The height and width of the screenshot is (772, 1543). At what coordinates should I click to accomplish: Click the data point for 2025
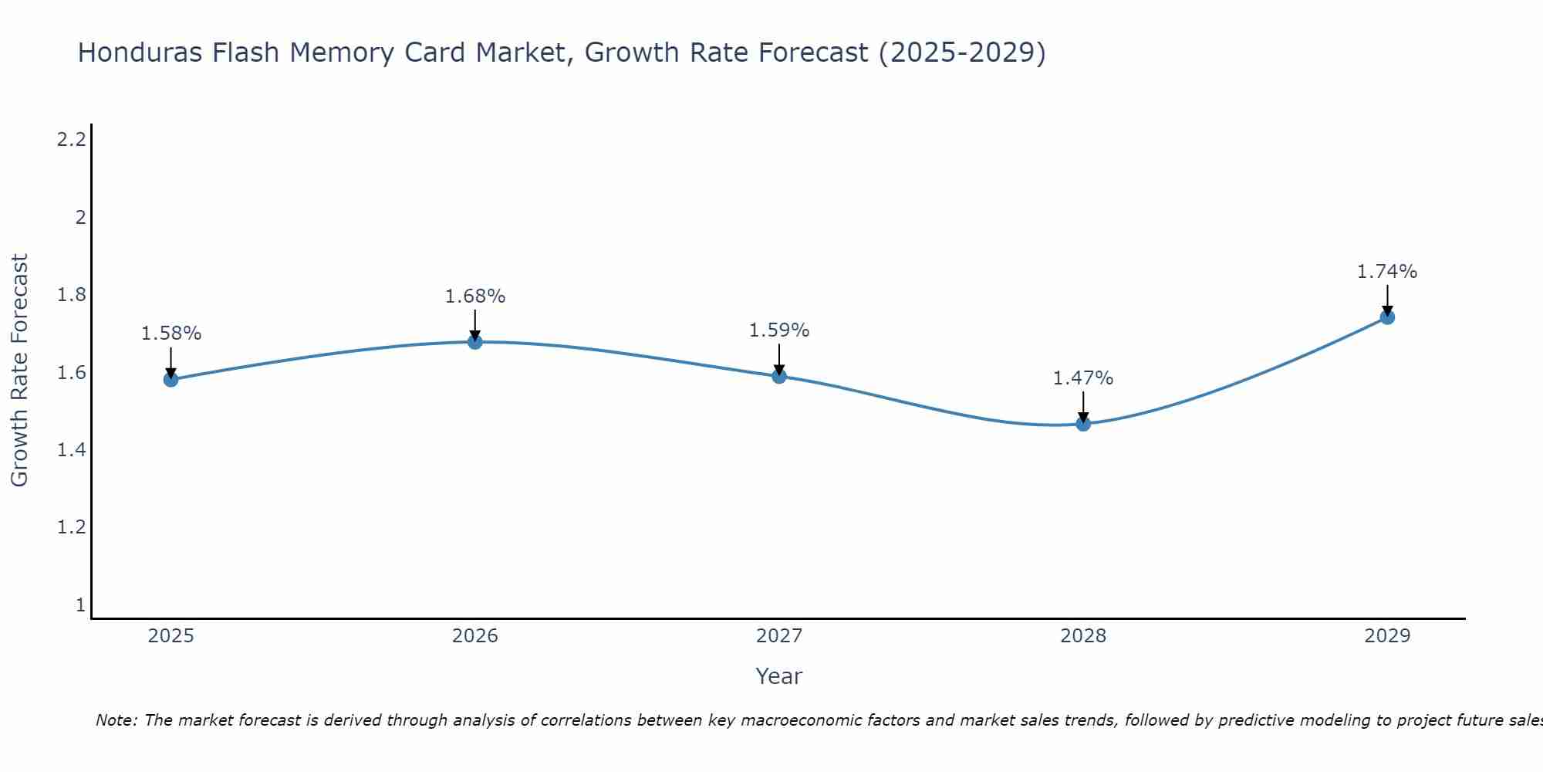[171, 379]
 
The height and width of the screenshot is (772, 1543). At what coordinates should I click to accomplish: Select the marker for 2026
[475, 341]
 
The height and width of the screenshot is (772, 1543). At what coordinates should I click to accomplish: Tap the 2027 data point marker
[779, 376]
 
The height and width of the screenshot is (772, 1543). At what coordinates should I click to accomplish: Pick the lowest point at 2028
[1083, 423]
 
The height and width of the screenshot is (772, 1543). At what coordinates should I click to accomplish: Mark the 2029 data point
[1387, 317]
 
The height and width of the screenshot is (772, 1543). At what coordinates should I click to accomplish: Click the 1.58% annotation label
[171, 334]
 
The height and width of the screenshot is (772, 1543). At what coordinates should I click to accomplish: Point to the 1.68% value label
[475, 296]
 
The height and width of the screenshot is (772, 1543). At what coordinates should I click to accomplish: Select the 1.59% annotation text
[779, 330]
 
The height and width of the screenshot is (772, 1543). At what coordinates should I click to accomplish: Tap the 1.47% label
[1083, 378]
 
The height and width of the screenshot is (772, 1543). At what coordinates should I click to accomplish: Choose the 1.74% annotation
[1387, 272]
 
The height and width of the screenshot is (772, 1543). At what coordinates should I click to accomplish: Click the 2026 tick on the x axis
[475, 636]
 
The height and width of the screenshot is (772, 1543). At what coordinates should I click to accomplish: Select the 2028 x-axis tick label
[1083, 636]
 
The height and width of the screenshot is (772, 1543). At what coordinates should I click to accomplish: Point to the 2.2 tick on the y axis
[71, 140]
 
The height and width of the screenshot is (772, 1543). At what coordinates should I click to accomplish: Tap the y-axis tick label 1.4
[71, 450]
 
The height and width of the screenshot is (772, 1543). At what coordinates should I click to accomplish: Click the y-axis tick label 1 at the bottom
[80, 605]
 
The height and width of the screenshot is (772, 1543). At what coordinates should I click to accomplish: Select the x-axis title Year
[779, 676]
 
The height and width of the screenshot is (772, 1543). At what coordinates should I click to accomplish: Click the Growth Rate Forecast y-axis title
[19, 371]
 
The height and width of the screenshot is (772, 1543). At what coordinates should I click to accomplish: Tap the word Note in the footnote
[116, 720]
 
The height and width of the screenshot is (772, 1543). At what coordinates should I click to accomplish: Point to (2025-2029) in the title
[962, 53]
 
